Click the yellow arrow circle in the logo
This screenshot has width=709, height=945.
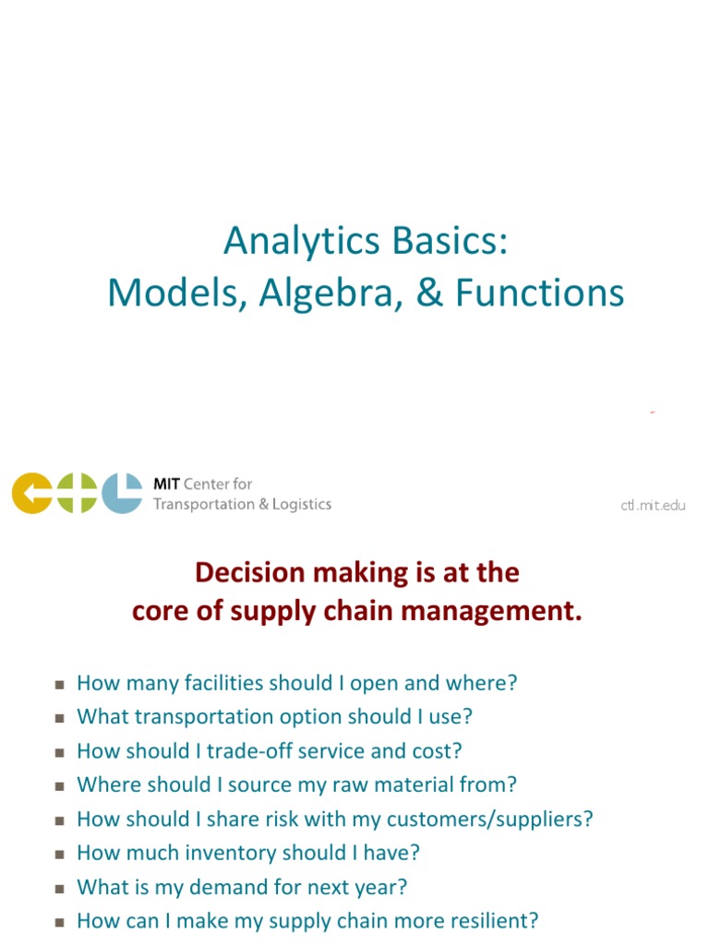coord(31,493)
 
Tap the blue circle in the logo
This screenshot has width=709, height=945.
coord(122,493)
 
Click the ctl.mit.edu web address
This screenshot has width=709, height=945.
coord(653,505)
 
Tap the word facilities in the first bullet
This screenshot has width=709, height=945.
coord(217,683)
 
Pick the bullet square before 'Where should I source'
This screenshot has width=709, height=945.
coord(59,786)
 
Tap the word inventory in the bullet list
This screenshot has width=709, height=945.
coord(226,853)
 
